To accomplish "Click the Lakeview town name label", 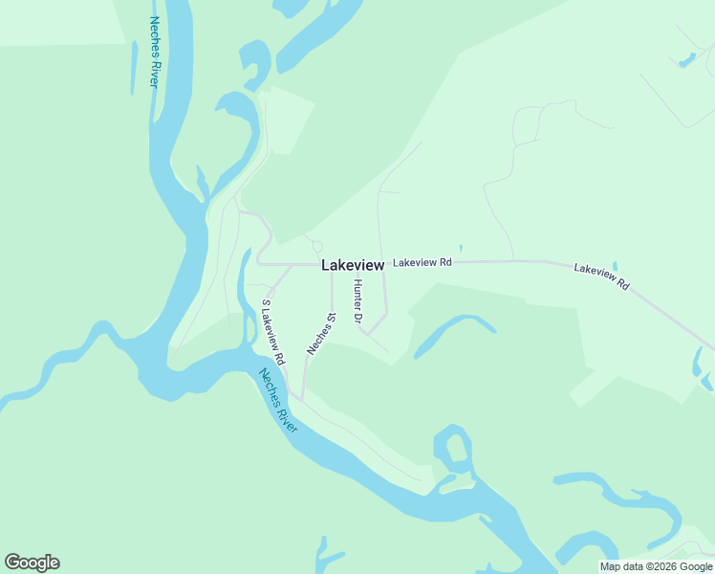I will pyautogui.click(x=353, y=265).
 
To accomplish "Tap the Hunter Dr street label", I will pyautogui.click(x=359, y=300).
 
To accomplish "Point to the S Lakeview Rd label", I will pyautogui.click(x=274, y=333).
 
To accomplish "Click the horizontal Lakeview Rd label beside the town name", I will pyautogui.click(x=422, y=261).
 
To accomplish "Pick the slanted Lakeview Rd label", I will pyautogui.click(x=602, y=277).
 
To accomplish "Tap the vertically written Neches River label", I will pyautogui.click(x=154, y=52).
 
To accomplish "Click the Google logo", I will pyautogui.click(x=32, y=563).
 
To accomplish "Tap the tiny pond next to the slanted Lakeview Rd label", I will pyautogui.click(x=615, y=266).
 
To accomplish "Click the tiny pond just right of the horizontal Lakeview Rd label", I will pyautogui.click(x=461, y=249).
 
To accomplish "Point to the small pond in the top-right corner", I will pyautogui.click(x=685, y=59).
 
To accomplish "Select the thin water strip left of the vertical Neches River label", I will pyautogui.click(x=133, y=67).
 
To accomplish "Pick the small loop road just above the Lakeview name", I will pyautogui.click(x=317, y=247).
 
